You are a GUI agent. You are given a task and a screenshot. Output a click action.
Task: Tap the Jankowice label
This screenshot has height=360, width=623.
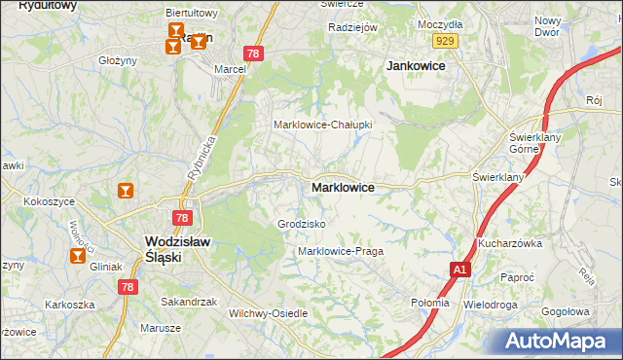pos(416,66)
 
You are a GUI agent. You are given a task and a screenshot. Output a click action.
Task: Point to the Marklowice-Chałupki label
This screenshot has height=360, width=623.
pos(323,125)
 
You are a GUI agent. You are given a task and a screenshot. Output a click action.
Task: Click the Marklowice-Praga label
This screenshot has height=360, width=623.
pos(341,251)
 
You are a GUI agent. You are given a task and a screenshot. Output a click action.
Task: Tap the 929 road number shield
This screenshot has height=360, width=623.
pos(447,40)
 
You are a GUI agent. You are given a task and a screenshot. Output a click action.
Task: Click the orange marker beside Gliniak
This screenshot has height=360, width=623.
pos(77,256)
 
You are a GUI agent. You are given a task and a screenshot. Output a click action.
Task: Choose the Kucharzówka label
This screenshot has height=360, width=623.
pos(509,243)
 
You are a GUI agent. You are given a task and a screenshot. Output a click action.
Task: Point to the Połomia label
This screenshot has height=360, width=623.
pos(430,303)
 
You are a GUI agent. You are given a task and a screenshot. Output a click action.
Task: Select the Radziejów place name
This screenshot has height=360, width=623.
pos(352,27)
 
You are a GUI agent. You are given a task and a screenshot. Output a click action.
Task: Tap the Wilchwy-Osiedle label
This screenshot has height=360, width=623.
pos(268,313)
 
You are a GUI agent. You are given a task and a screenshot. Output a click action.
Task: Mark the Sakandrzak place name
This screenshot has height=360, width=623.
pos(189,302)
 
